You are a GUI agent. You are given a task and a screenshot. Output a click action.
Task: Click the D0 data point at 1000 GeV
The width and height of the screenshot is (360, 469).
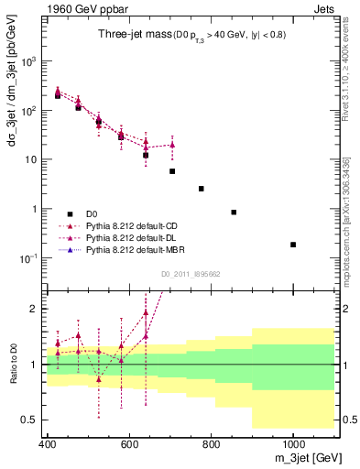(x=293, y=245)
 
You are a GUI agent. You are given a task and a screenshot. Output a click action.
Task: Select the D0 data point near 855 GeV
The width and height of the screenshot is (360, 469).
(x=234, y=213)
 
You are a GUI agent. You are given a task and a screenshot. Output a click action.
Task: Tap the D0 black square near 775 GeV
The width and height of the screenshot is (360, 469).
(x=201, y=189)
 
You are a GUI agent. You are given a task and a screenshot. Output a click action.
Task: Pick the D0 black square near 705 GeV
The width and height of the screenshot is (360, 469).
(x=172, y=171)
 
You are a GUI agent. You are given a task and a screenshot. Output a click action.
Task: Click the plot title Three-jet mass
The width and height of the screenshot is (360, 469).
(x=129, y=34)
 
